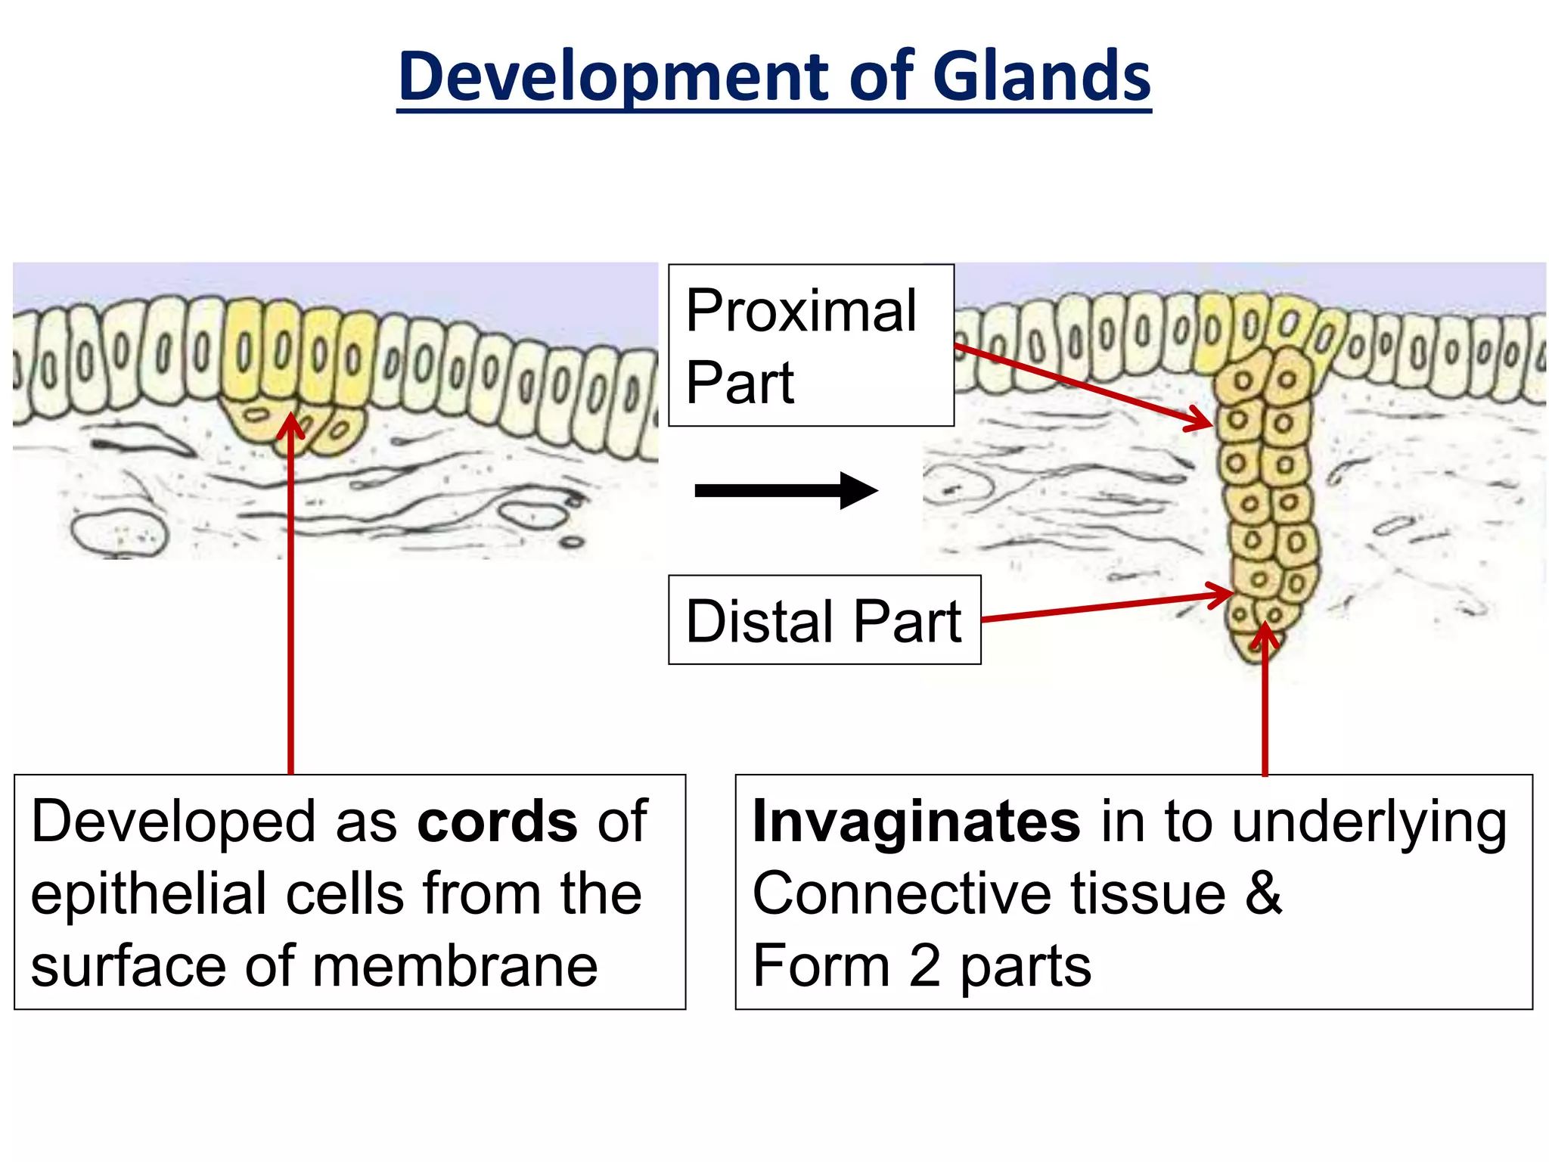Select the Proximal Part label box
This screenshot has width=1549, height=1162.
811,346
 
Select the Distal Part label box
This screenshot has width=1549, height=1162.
824,620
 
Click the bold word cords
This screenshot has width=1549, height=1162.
497,822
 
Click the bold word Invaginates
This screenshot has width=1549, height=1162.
916,822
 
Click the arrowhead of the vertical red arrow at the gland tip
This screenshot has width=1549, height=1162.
1265,634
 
